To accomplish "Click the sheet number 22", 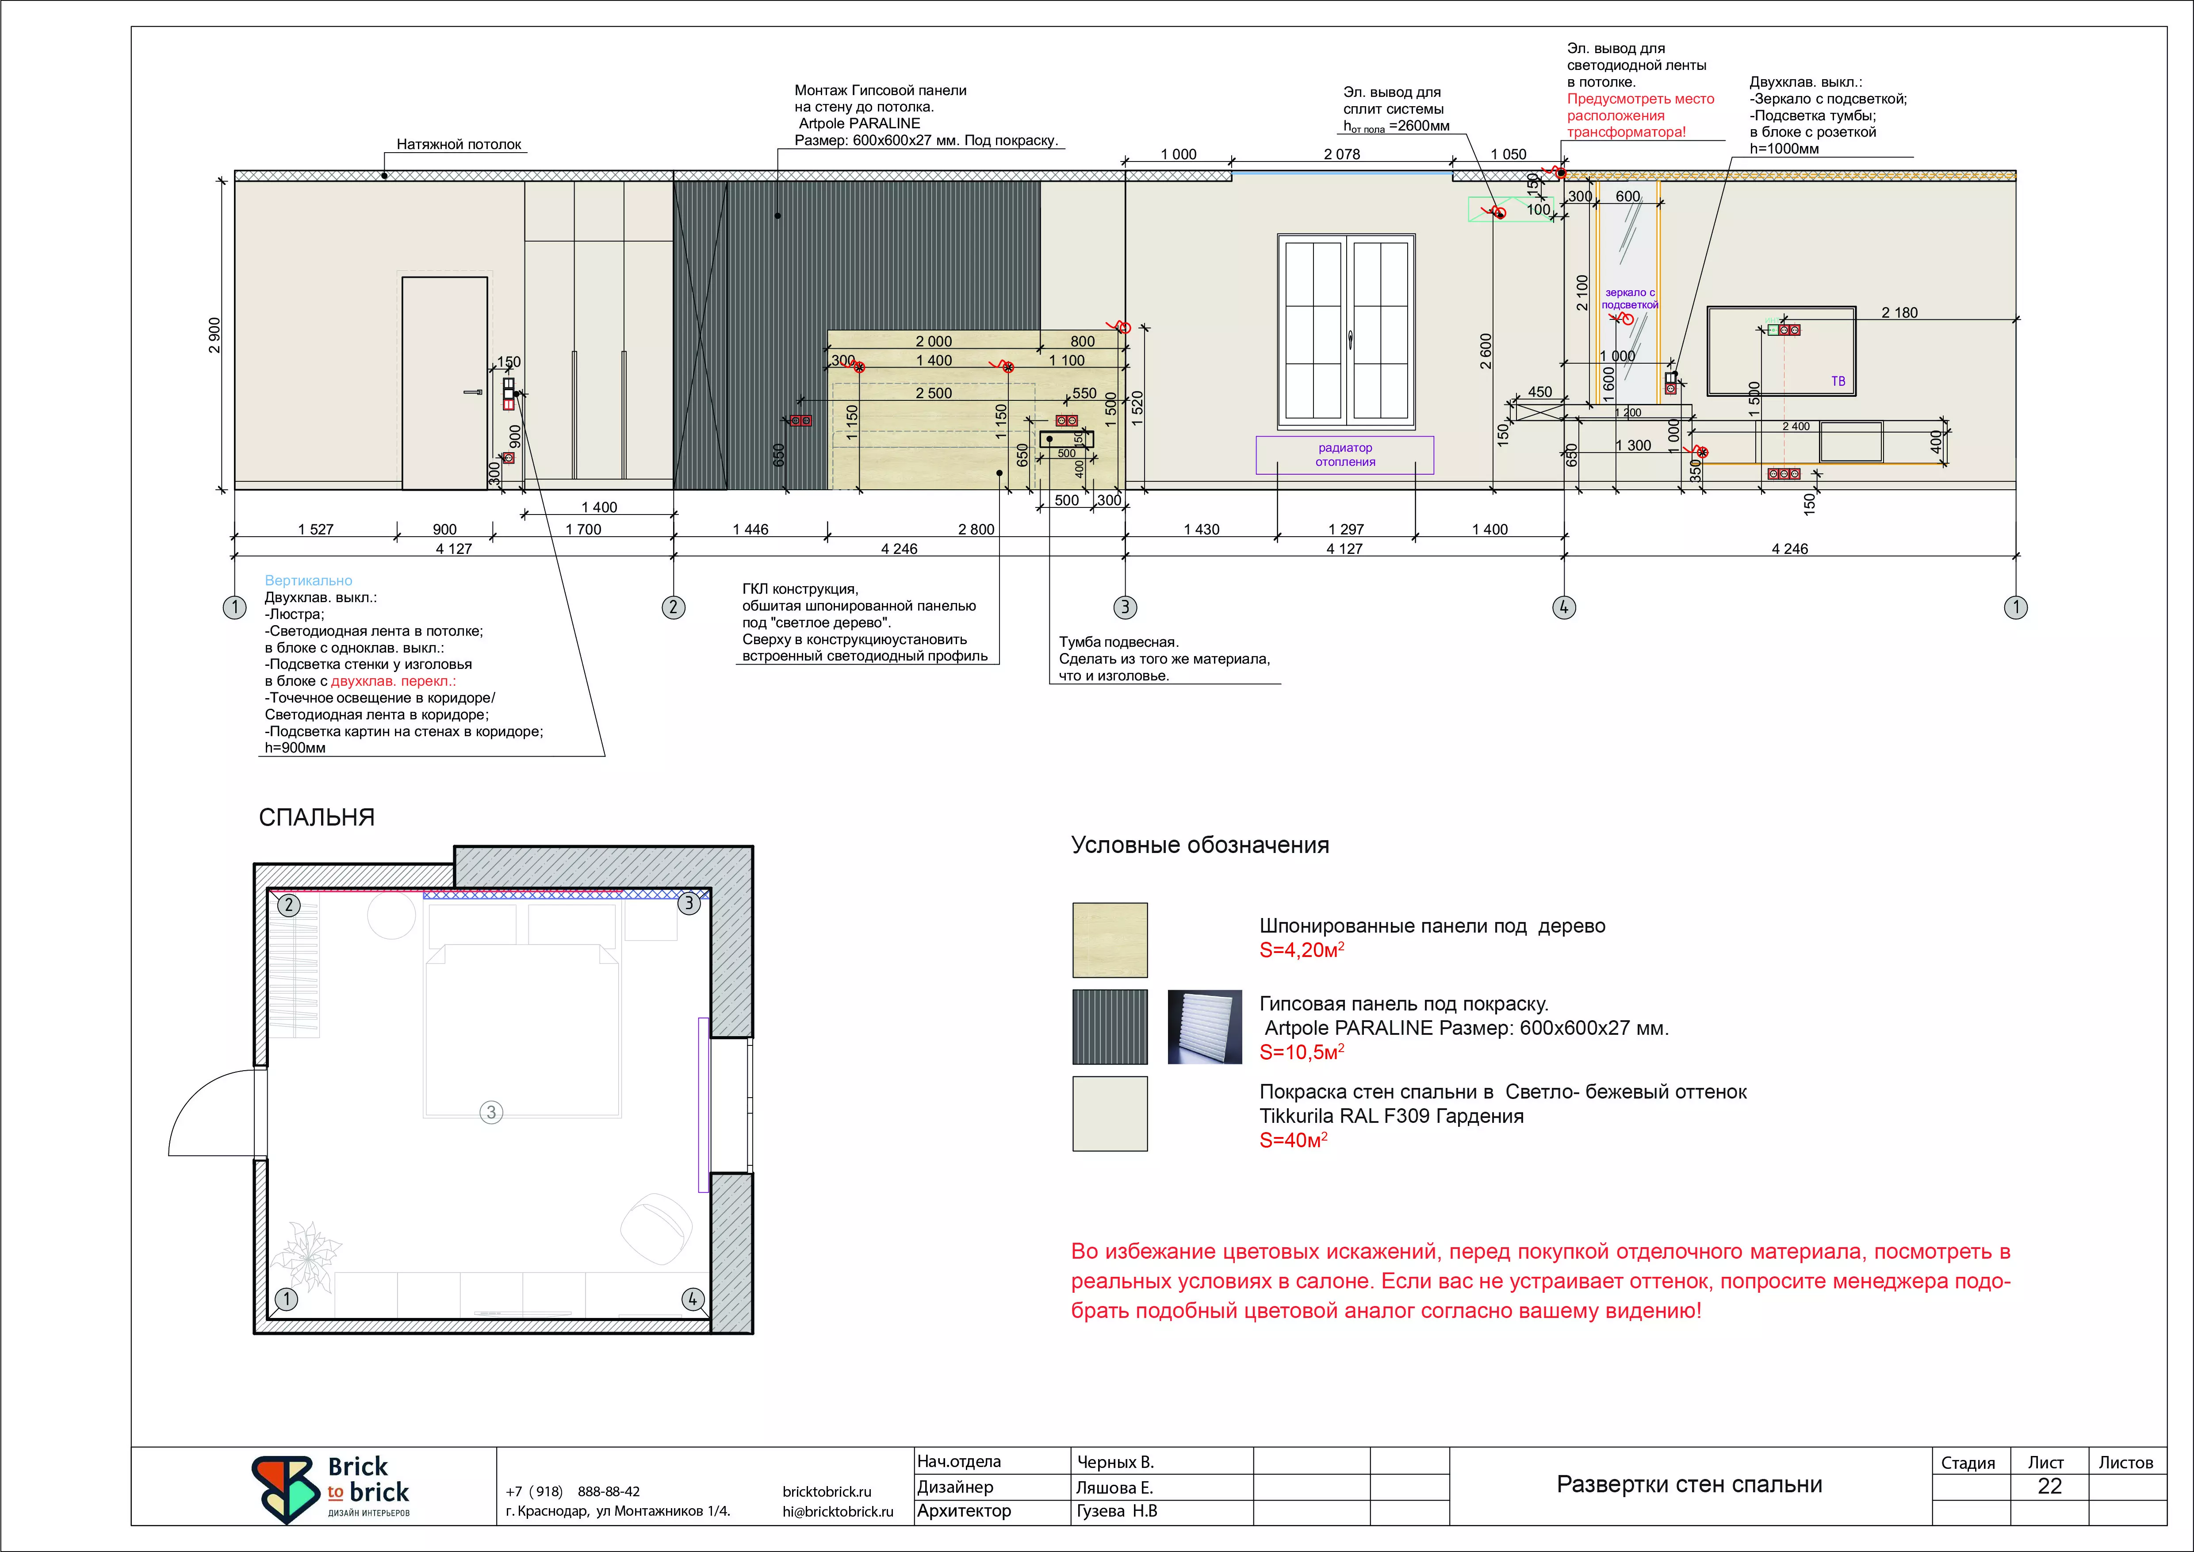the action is pos(2050,1486).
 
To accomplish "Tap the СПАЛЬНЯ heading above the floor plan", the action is pos(316,817).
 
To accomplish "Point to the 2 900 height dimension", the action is pos(215,335).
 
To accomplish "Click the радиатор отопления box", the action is pos(1344,455).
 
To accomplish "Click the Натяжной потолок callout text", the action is pos(459,144).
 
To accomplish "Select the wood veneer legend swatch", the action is pos(1110,941).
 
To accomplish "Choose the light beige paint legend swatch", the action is pos(1110,1114).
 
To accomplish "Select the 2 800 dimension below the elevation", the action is pos(976,530).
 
